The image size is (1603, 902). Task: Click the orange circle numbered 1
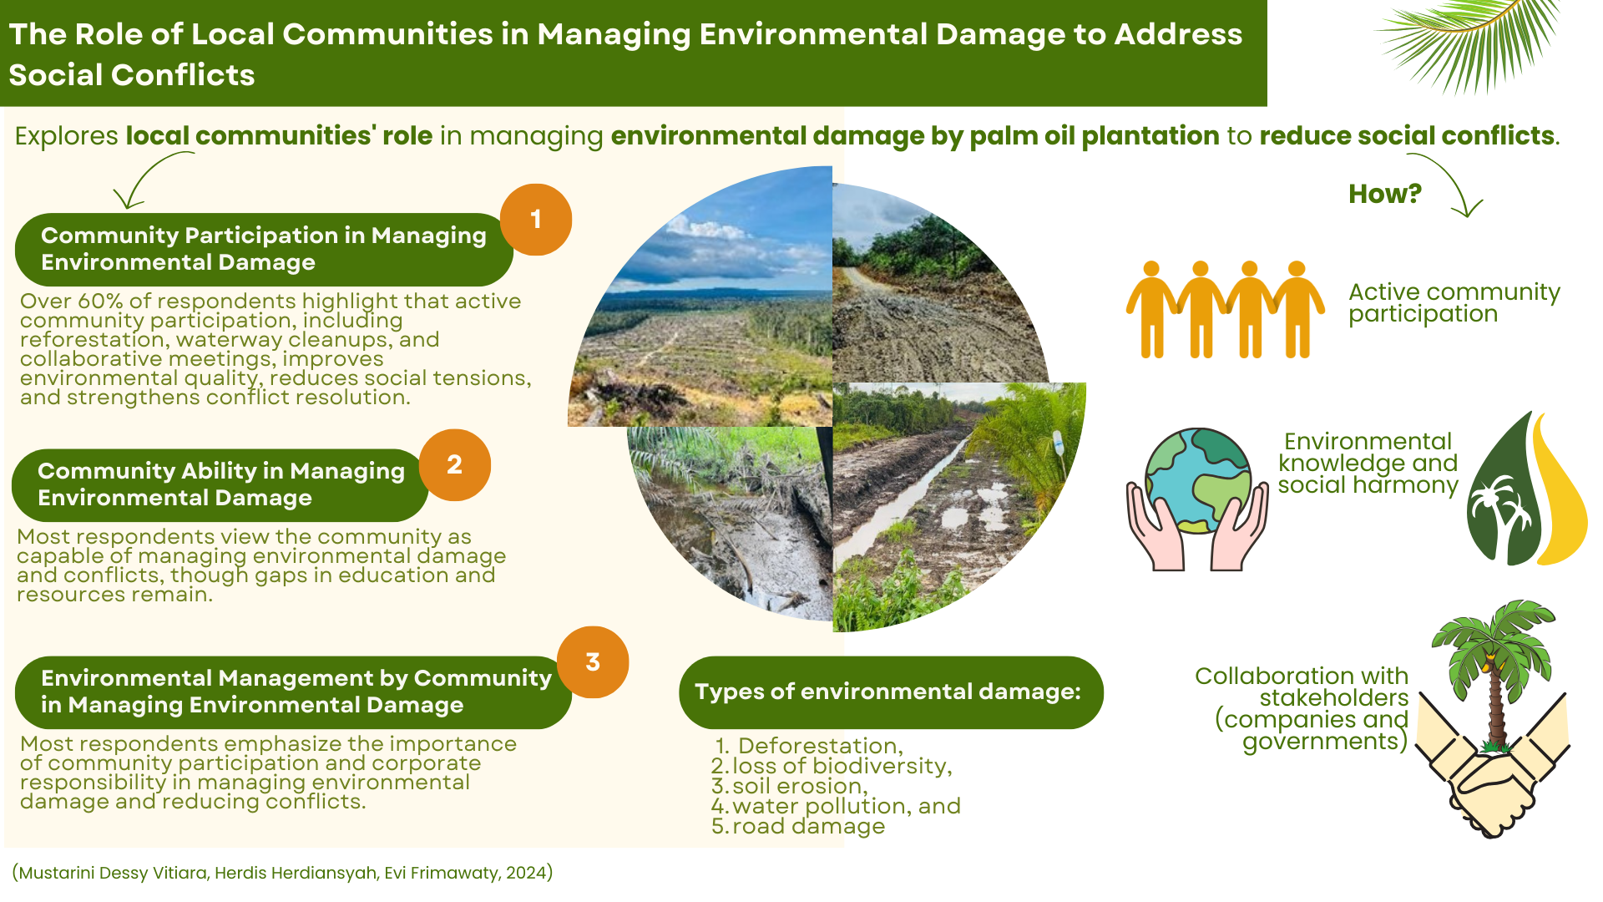pyautogui.click(x=536, y=220)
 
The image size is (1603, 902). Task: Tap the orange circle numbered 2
pyautogui.click(x=455, y=465)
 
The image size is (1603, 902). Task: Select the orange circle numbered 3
pyautogui.click(x=593, y=662)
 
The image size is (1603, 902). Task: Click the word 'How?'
pyautogui.click(x=1385, y=194)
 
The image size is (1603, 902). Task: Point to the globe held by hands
pyautogui.click(x=1198, y=481)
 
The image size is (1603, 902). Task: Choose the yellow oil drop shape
pyautogui.click(x=1560, y=493)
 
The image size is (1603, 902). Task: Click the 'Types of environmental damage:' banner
pyautogui.click(x=891, y=692)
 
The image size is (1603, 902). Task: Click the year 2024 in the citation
pyautogui.click(x=526, y=874)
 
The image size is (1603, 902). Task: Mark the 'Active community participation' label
pyautogui.click(x=1454, y=303)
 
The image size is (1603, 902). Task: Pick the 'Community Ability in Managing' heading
pyautogui.click(x=221, y=472)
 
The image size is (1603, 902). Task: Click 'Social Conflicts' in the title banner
pyautogui.click(x=132, y=75)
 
